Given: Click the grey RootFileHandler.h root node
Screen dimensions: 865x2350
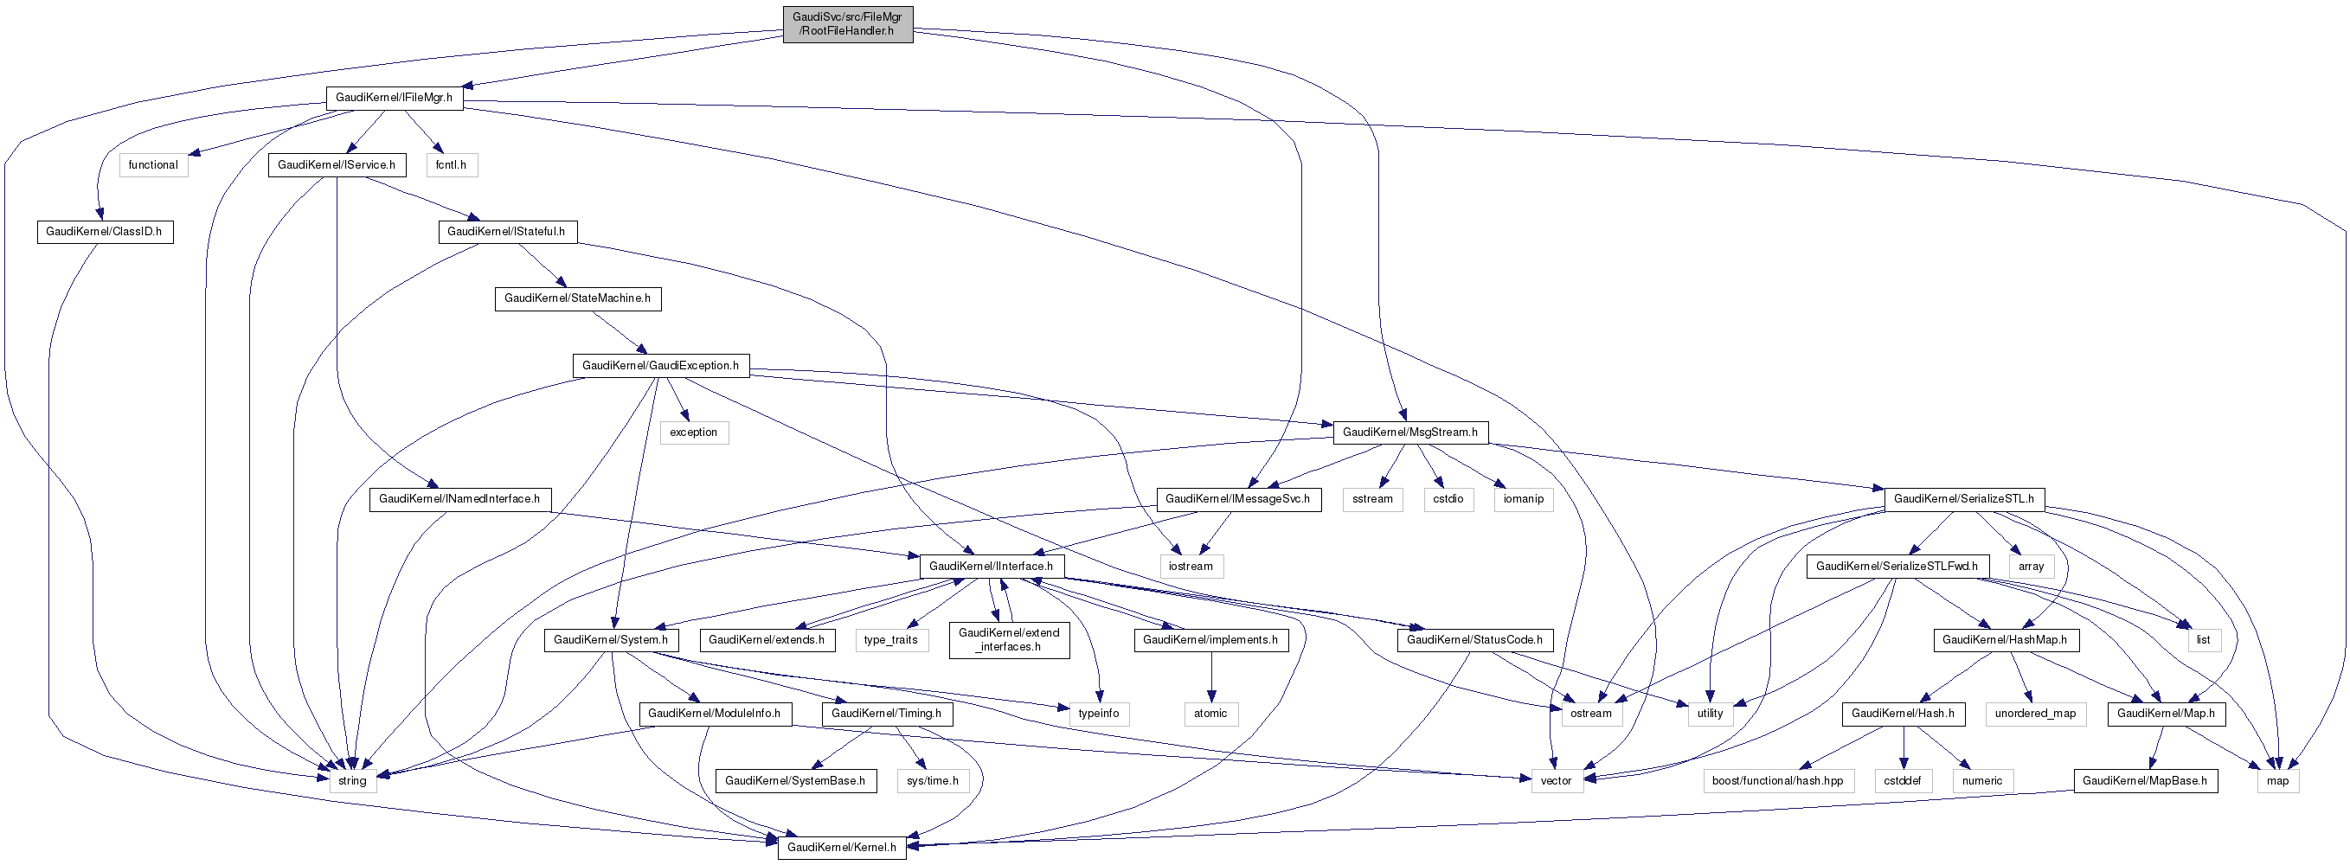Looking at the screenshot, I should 847,23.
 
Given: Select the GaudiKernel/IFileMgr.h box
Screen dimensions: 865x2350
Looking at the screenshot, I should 394,98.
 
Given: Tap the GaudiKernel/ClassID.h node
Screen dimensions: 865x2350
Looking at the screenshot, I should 104,232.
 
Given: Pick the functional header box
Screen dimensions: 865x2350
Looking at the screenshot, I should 153,165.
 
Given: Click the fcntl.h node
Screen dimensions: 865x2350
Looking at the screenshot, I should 451,165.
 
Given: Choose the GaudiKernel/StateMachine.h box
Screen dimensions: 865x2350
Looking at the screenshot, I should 577,298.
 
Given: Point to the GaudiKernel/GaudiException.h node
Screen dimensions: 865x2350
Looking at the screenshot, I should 660,366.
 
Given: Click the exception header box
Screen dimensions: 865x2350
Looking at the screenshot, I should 693,432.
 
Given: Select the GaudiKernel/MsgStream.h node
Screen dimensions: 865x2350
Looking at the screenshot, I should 1410,432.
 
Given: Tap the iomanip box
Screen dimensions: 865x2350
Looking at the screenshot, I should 1524,499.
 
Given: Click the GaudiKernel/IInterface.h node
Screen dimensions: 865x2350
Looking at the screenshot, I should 991,567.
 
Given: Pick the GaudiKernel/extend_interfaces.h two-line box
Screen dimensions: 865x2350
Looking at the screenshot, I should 1009,639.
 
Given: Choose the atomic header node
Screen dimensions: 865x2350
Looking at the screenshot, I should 1210,714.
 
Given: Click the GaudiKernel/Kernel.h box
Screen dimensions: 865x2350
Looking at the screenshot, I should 841,848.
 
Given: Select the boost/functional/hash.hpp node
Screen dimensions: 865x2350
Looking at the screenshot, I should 1778,781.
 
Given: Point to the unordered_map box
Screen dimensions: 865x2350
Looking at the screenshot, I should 2035,714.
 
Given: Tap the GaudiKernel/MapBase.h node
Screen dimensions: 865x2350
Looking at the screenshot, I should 2145,781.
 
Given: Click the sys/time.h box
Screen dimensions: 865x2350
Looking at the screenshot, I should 933,781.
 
